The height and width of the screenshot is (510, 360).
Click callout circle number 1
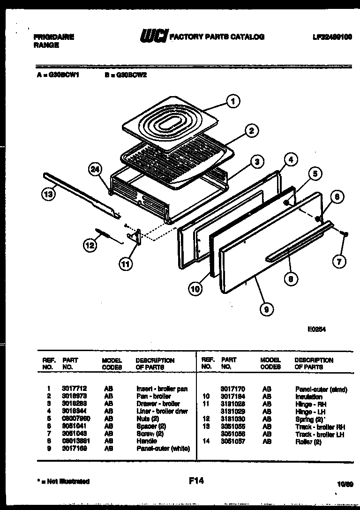(x=232, y=100)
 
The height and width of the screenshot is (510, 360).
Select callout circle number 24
(x=96, y=171)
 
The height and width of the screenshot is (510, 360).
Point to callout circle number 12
(x=90, y=244)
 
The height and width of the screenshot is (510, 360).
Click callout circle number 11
(x=125, y=264)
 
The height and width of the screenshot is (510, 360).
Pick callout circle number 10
(x=195, y=289)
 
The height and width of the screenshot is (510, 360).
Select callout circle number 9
(x=268, y=308)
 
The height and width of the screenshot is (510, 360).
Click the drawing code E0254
(x=317, y=329)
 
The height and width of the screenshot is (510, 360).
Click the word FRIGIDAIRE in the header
(x=54, y=37)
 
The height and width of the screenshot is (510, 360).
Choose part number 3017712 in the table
(x=72, y=389)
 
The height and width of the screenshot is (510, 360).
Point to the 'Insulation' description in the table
(x=308, y=397)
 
